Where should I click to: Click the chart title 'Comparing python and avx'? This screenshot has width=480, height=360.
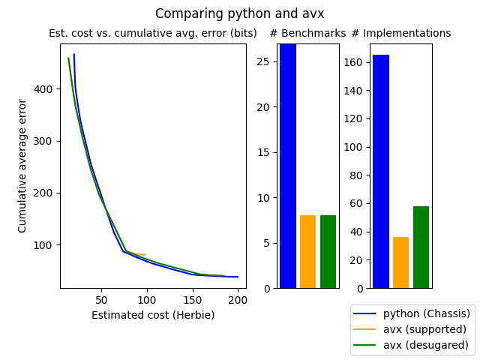tap(239, 13)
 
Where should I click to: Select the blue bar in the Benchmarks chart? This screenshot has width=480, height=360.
tap(288, 166)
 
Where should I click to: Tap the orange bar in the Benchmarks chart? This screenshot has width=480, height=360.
tap(308, 252)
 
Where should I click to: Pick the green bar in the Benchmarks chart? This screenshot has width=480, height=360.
tap(328, 252)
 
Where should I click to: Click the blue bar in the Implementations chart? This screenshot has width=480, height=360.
tap(381, 172)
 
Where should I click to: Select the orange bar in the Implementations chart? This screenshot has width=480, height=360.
tap(401, 262)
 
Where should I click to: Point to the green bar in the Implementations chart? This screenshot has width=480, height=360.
tap(421, 247)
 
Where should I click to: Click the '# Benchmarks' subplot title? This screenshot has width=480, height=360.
tap(307, 33)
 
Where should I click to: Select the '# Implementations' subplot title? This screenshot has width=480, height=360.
tap(401, 33)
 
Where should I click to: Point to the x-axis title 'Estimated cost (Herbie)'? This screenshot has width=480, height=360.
tap(153, 315)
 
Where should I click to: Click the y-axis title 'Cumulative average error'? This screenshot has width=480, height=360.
tap(22, 166)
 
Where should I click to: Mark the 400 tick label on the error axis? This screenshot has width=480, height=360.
tap(43, 89)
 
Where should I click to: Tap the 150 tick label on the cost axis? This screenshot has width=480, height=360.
tap(192, 300)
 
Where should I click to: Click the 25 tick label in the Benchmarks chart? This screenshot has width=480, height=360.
tap(263, 61)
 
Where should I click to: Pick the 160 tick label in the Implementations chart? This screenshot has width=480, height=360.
tap(353, 62)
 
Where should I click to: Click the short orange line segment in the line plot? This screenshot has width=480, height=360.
tap(136, 253)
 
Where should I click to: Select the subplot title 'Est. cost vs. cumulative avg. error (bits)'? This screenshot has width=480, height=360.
tap(153, 33)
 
